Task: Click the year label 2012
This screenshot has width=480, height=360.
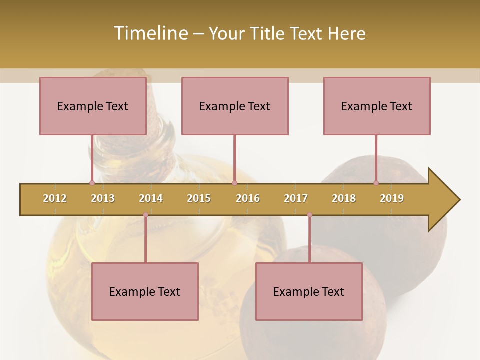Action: pyautogui.click(x=55, y=198)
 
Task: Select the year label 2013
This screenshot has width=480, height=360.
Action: pyautogui.click(x=103, y=198)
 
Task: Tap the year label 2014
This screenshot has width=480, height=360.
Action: pyautogui.click(x=151, y=198)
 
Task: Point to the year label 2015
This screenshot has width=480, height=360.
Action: pyautogui.click(x=199, y=198)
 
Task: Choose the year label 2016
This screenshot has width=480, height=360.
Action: pyautogui.click(x=248, y=198)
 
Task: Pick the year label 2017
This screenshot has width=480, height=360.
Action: pyautogui.click(x=296, y=198)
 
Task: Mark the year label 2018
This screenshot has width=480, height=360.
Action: pyautogui.click(x=344, y=198)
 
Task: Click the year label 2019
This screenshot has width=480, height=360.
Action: pyautogui.click(x=392, y=198)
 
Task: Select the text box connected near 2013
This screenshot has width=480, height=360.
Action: pyautogui.click(x=93, y=106)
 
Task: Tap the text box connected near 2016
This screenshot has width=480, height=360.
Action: pyautogui.click(x=235, y=106)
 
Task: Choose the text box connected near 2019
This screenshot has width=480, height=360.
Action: pyautogui.click(x=377, y=106)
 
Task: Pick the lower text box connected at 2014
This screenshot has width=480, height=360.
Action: pyautogui.click(x=145, y=291)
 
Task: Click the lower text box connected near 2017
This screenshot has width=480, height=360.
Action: pyautogui.click(x=309, y=291)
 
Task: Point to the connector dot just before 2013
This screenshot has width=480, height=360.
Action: pyautogui.click(x=92, y=183)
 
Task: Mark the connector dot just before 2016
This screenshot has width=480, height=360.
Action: pyautogui.click(x=234, y=183)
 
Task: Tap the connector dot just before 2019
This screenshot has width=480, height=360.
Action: pyautogui.click(x=376, y=183)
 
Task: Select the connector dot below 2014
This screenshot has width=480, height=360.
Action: pyautogui.click(x=145, y=215)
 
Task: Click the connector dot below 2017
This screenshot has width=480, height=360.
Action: pyautogui.click(x=309, y=215)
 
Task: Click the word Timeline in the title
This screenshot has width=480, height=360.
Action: pyautogui.click(x=150, y=33)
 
